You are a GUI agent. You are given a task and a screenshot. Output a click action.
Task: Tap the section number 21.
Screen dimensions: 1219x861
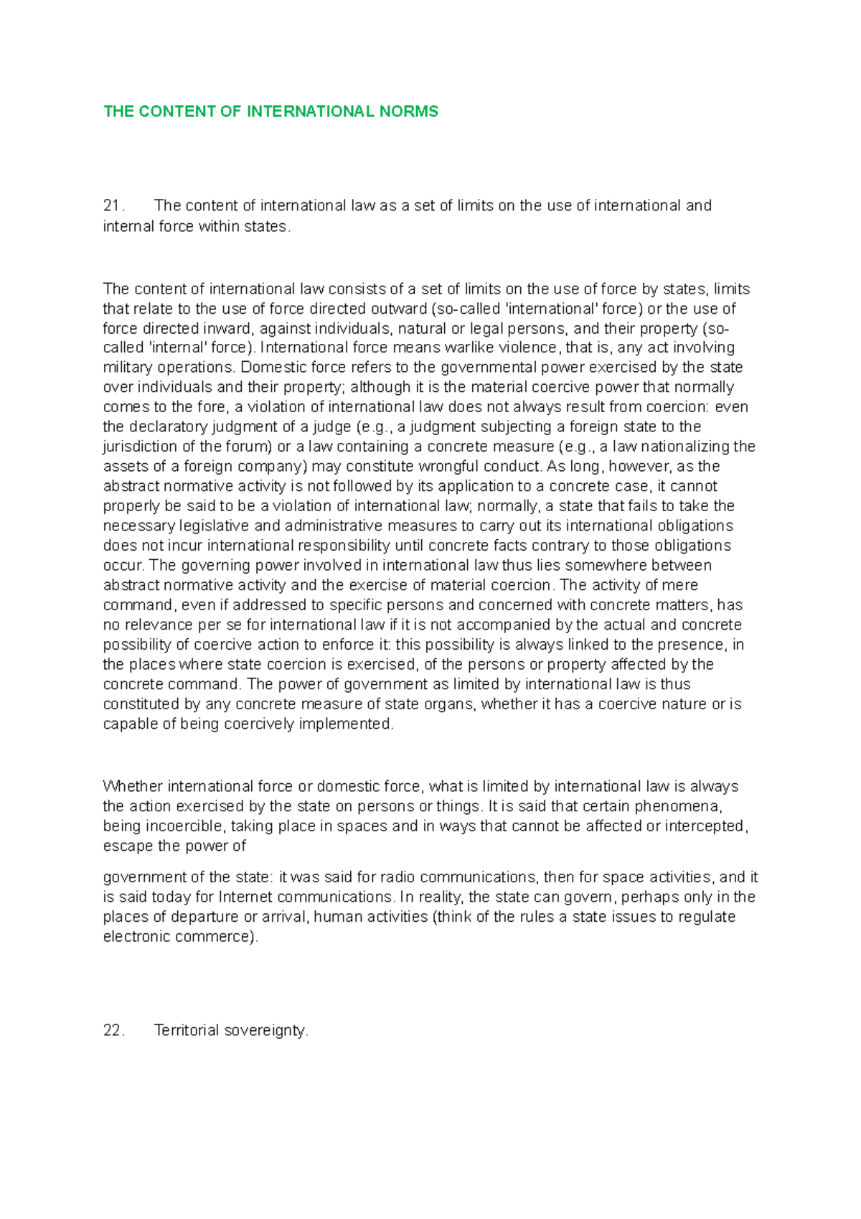pos(113,206)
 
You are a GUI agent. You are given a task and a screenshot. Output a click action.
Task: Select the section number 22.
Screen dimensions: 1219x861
pos(113,1031)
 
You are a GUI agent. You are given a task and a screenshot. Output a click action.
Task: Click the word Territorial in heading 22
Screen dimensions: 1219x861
pos(187,1031)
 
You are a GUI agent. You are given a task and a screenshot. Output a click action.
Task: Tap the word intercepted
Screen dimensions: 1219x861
pos(705,826)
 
